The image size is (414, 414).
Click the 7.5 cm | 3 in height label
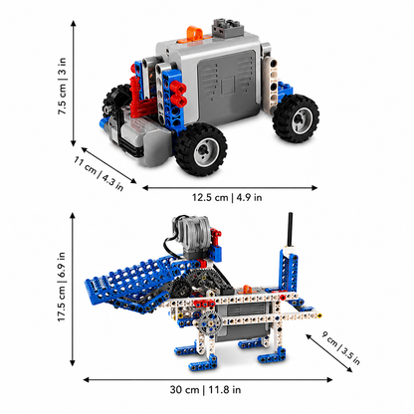62,87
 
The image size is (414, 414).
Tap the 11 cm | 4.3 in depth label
99,174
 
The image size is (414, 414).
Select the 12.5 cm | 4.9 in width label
227,197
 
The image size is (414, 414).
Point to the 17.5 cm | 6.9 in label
62,287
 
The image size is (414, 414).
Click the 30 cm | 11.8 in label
205,389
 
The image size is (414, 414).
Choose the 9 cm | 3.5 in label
340,347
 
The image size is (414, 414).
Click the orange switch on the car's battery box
194,35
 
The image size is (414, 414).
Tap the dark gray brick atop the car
228,27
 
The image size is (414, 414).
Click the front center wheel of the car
201,149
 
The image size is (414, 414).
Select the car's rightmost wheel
296,118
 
